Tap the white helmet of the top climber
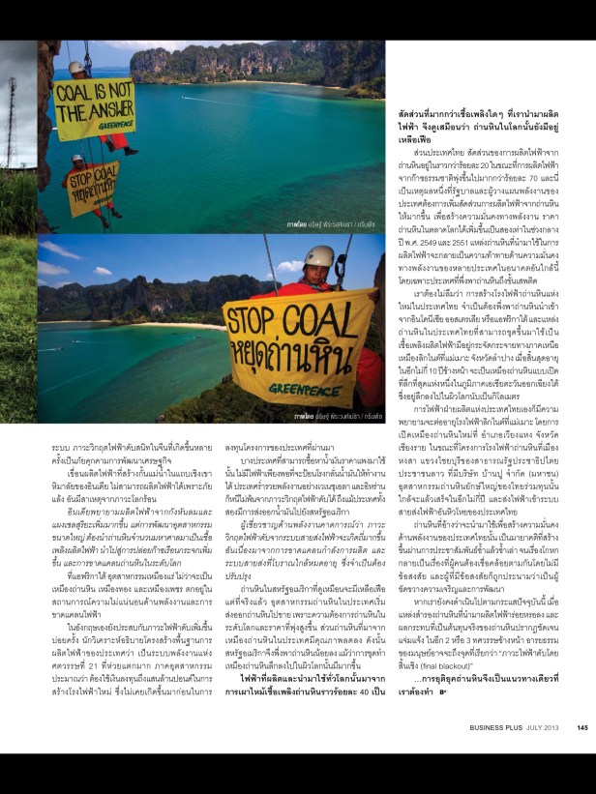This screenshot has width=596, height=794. (75, 68)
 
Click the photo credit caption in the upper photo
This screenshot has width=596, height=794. (325, 222)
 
